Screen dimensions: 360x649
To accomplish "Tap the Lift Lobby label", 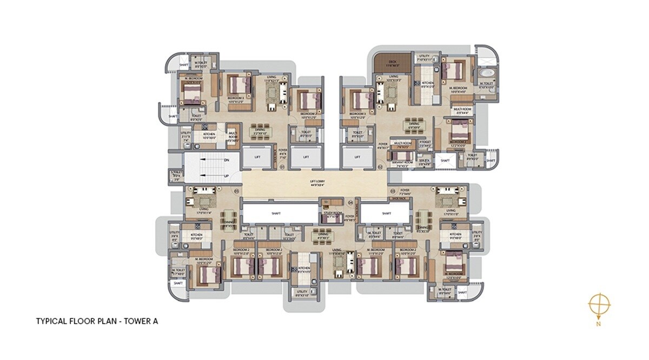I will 317,183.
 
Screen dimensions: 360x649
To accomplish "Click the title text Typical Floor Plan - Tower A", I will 97,321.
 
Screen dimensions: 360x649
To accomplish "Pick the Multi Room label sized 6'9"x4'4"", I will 462,110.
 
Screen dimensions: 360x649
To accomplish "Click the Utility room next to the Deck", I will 423,57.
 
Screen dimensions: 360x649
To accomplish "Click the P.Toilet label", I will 425,144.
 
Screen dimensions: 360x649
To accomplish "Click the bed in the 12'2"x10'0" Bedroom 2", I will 459,130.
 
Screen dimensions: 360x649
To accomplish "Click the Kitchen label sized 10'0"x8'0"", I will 209,135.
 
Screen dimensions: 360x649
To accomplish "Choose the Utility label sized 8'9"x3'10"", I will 301,293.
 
